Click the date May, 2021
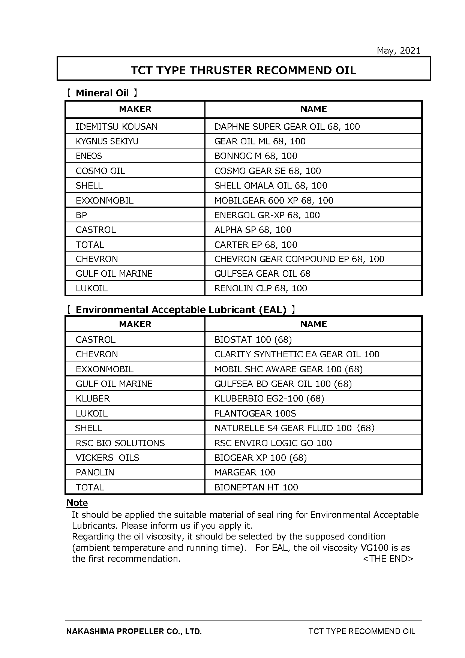[398, 51]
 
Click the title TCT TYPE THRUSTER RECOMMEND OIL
[243, 70]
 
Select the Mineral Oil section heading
[102, 93]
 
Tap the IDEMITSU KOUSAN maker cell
[117, 127]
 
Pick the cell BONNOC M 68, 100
[256, 156]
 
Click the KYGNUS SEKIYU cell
[107, 141]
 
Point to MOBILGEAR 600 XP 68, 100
[274, 201]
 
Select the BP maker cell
[81, 215]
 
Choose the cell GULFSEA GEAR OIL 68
[262, 274]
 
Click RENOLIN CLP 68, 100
[261, 288]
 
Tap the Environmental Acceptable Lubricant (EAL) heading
[181, 310]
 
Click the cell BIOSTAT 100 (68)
[253, 340]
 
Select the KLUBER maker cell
[93, 399]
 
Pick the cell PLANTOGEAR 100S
[255, 414]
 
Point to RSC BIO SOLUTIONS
[120, 443]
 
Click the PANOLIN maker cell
[95, 472]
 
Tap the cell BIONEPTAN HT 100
[256, 487]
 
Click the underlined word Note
[77, 503]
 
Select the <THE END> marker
[388, 559]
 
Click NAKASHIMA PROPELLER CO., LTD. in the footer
[134, 631]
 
